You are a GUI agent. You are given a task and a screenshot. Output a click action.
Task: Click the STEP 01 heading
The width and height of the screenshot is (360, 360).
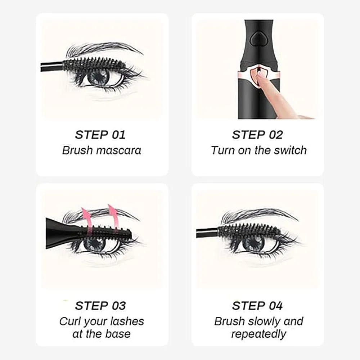(100, 135)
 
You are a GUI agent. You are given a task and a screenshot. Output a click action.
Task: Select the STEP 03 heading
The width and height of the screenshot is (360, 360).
(100, 306)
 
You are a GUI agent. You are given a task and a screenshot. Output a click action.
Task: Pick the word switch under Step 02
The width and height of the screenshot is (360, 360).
(289, 150)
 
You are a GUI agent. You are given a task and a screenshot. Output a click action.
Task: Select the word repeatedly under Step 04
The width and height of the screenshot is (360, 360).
(258, 334)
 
